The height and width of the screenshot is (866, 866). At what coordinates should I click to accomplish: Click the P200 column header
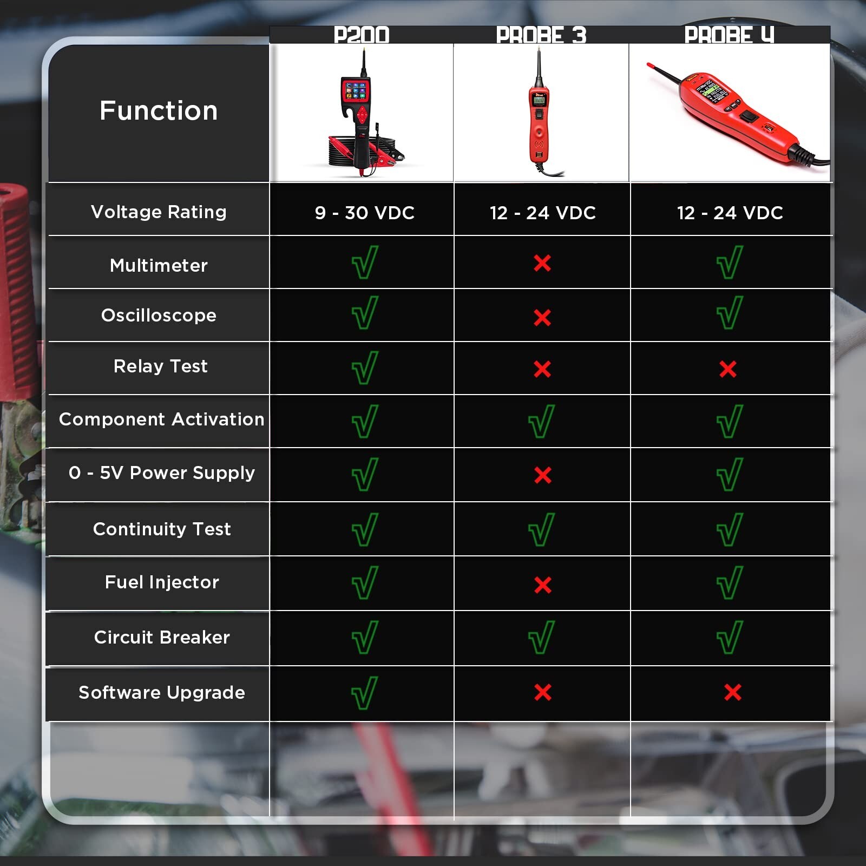click(x=362, y=35)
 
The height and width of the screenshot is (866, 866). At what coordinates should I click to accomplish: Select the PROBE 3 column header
click(x=541, y=35)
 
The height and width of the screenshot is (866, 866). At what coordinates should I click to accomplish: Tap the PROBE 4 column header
click(x=729, y=35)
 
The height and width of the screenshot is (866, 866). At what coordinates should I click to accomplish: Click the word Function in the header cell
click(x=159, y=111)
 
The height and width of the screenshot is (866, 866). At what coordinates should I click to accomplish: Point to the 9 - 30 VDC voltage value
click(x=364, y=213)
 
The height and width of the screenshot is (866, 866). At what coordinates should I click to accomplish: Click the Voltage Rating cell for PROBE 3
click(x=542, y=213)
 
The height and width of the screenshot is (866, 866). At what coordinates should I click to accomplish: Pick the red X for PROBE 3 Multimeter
click(x=542, y=263)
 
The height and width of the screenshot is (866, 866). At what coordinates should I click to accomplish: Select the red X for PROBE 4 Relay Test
click(x=728, y=369)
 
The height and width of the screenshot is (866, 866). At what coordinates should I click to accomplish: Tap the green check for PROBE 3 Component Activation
click(x=541, y=421)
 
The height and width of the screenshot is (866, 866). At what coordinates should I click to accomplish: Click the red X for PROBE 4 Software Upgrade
click(x=732, y=692)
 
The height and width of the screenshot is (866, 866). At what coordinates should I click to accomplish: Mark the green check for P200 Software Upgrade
click(x=364, y=693)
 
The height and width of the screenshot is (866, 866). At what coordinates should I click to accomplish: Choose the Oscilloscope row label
click(x=159, y=315)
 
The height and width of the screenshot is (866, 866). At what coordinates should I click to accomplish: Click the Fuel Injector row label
click(x=162, y=582)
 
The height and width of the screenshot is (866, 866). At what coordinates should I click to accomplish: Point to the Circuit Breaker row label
click(x=162, y=637)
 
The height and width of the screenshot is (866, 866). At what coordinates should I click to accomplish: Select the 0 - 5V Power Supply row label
click(x=162, y=473)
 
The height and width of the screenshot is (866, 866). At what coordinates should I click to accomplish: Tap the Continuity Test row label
click(x=162, y=529)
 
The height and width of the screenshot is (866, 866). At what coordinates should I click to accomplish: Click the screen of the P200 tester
click(x=356, y=90)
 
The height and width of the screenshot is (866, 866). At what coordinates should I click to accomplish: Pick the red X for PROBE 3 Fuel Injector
click(x=542, y=585)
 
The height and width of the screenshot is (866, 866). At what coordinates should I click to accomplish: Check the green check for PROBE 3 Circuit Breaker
click(x=541, y=637)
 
